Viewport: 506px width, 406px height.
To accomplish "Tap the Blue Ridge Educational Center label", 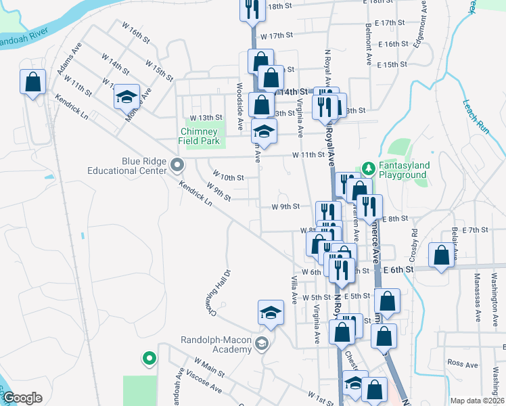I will (127, 166).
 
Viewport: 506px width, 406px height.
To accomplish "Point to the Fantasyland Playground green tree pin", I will (369, 166).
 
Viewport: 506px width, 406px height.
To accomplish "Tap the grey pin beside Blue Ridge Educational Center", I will (178, 164).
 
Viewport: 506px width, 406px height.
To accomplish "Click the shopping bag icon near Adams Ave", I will (32, 83).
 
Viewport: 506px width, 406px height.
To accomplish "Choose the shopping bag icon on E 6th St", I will (441, 256).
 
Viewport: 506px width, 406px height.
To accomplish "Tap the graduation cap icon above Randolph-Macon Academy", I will (271, 313).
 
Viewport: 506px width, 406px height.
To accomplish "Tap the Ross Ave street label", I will (463, 364).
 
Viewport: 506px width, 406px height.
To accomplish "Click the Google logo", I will (22, 398).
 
